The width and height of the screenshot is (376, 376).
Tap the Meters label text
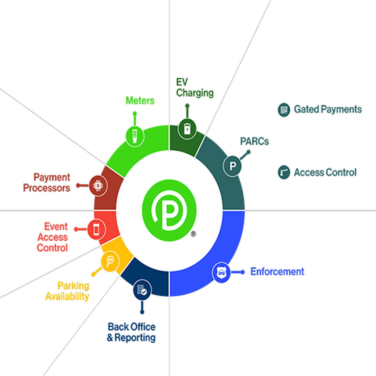(140, 101)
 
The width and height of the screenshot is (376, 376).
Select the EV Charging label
(194, 88)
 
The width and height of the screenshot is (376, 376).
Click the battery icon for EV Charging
(187, 128)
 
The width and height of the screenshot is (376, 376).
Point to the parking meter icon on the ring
(134, 136)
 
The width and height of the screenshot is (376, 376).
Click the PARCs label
(254, 142)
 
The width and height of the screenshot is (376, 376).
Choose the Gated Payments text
(328, 110)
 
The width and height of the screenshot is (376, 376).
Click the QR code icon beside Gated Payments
(284, 110)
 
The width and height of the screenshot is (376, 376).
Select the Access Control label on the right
(325, 172)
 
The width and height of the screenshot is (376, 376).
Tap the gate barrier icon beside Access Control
(284, 172)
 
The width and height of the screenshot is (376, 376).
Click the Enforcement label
(277, 272)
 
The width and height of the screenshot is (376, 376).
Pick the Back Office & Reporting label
(131, 332)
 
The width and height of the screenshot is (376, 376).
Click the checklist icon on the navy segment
(142, 291)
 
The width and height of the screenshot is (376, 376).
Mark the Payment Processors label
(47, 183)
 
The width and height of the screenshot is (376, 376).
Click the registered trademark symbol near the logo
(194, 234)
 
